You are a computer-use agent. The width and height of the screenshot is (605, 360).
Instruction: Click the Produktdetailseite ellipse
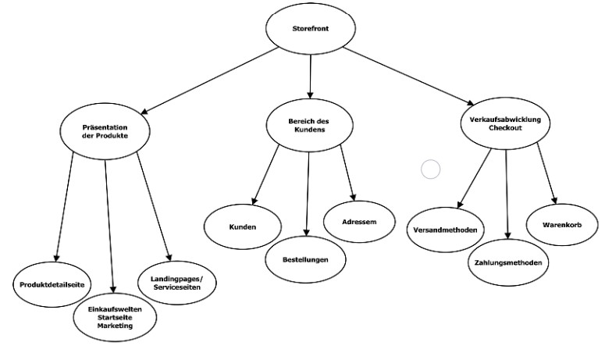point(52,284)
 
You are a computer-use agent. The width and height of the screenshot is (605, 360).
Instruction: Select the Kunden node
point(243,227)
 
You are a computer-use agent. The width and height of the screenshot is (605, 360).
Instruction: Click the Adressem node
point(359,222)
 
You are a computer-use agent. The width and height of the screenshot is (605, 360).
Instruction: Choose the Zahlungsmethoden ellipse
point(507,262)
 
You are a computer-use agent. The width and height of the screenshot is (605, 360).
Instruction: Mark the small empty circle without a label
point(430,169)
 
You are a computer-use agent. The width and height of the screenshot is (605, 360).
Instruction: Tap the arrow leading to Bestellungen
point(308,195)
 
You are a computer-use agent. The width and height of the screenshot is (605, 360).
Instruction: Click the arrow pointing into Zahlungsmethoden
point(507,195)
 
